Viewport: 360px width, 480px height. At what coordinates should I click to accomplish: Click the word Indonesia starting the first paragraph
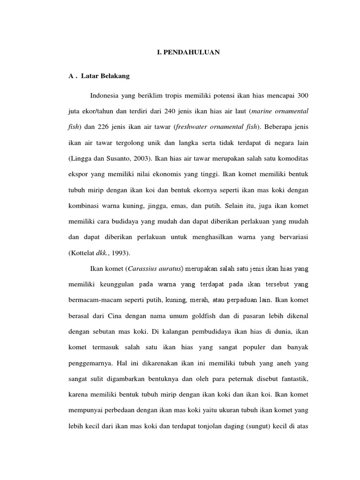tap(106, 96)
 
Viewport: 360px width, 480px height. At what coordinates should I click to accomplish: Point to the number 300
tap(303, 96)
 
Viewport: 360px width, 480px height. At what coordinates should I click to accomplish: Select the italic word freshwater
tap(193, 127)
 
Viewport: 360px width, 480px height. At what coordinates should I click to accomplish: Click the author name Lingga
tap(81, 158)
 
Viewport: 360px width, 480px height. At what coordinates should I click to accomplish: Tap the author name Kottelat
tap(83, 253)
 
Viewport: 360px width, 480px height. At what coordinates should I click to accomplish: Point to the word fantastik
tap(293, 379)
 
